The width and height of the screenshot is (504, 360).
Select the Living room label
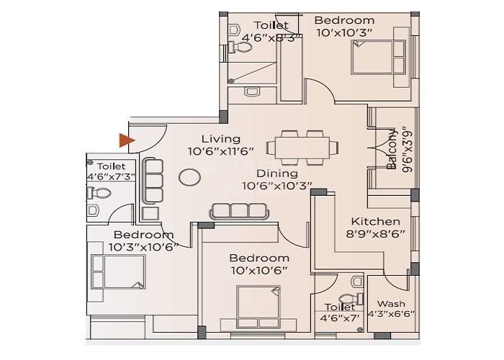point(220,139)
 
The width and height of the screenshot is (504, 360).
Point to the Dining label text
point(277,174)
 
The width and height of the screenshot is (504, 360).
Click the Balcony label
point(392,150)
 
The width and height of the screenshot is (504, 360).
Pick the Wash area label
point(391,303)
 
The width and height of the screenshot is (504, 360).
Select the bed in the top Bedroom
point(372,57)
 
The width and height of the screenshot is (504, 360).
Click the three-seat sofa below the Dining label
point(238,210)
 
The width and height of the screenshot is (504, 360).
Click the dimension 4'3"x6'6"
point(391,313)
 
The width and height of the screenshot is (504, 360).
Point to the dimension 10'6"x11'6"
point(220,151)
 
